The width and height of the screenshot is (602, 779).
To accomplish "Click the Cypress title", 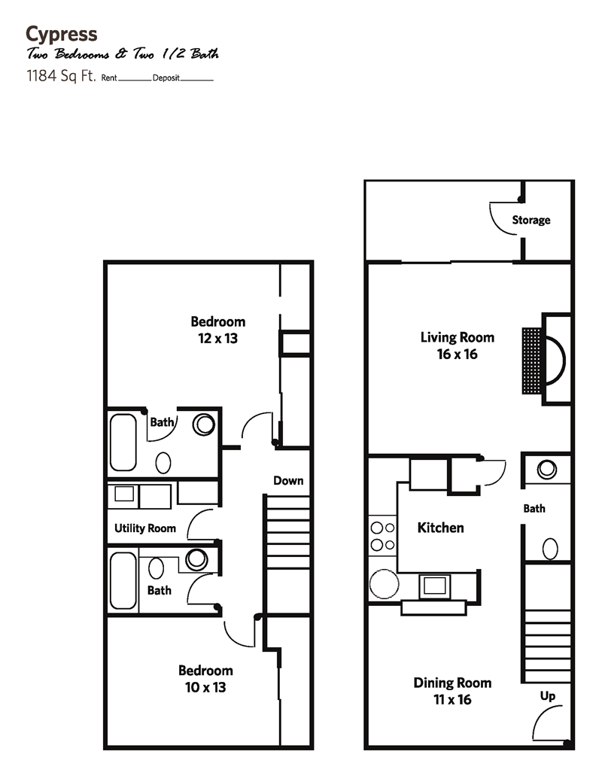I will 61,34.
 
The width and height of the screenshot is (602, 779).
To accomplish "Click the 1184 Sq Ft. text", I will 60,77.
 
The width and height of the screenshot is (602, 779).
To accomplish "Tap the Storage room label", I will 531,220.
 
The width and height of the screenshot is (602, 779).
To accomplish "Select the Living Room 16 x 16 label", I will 457,345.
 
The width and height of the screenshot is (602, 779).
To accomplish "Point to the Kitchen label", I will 440,528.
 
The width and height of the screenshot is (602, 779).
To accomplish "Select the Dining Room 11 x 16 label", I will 452,691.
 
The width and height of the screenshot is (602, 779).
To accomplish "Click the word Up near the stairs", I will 548,696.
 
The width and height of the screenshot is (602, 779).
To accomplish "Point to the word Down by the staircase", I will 288,480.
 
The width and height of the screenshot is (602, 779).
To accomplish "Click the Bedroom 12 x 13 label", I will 217,330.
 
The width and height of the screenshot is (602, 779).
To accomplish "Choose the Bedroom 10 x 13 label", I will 205,678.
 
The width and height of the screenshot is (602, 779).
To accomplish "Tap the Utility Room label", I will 145,528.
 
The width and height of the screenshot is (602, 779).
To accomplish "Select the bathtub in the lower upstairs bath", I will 123,581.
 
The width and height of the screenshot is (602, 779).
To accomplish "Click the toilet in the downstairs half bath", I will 550,546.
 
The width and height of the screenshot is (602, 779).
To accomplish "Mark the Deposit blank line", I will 197,80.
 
